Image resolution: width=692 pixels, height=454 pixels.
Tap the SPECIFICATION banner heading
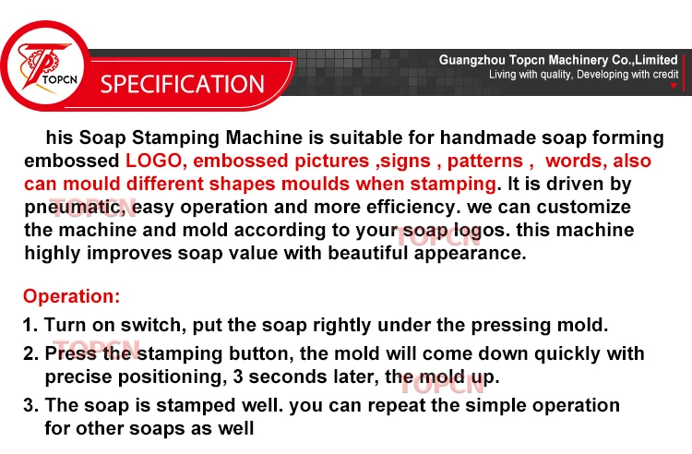[182, 84]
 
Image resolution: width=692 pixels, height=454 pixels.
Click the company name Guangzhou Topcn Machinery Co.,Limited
[558, 60]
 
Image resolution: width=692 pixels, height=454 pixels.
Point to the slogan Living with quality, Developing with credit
[583, 75]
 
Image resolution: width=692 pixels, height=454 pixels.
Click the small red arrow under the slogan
[674, 86]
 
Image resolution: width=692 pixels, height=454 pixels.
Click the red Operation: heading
[71, 296]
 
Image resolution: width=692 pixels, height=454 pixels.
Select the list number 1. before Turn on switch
[30, 325]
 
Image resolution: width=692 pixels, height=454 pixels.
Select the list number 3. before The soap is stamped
[30, 405]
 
